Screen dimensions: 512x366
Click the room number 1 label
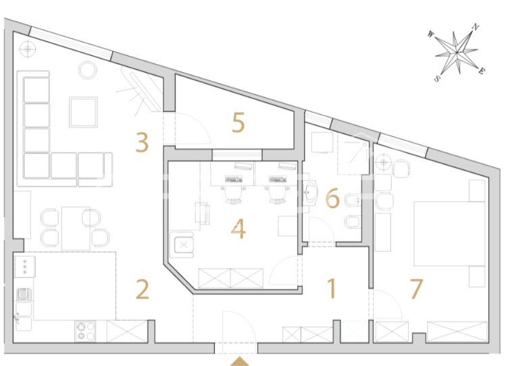coord(332,288)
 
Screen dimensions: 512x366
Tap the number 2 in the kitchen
coord(143,288)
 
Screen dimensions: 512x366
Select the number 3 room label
coord(143,142)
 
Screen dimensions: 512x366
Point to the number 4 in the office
coord(238,228)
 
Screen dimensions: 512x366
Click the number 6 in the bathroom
coord(332,198)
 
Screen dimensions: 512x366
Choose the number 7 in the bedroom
coord(416,288)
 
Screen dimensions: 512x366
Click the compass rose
coord(457,52)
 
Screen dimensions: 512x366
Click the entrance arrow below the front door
coord(240,362)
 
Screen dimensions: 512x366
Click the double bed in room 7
coord(449,234)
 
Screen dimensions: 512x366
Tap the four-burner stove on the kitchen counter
coord(85,331)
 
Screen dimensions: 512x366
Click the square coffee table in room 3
coord(83,112)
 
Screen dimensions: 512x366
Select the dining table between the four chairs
coord(76,228)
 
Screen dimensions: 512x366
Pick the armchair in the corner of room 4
coord(182,244)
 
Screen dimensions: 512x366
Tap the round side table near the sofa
coord(88,69)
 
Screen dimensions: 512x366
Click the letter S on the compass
coord(437,79)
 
